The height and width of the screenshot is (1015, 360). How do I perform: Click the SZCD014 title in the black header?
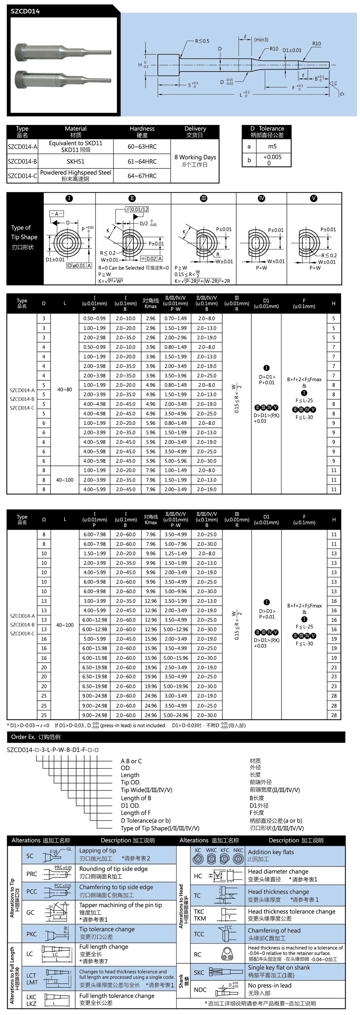pos(25,12)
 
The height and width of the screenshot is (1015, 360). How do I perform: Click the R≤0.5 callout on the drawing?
pos(202,41)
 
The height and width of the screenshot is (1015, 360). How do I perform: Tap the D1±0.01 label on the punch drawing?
pos(292,50)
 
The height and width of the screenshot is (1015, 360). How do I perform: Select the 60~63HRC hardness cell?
pos(142,147)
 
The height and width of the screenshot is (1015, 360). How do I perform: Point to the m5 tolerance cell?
pos(272,146)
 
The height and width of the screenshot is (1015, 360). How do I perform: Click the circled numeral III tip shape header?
pos(204,198)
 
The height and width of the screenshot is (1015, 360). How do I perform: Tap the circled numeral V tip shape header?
pos(314,198)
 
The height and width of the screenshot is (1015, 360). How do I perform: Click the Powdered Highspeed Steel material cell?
pos(76,175)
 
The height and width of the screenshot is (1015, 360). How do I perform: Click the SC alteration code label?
pos(30,856)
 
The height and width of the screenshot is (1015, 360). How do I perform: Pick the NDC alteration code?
pos(200,989)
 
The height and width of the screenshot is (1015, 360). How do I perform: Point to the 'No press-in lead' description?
pos(269,985)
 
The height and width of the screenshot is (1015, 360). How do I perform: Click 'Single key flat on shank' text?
pos(279,967)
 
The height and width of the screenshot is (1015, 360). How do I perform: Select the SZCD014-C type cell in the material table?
pos(22,176)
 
